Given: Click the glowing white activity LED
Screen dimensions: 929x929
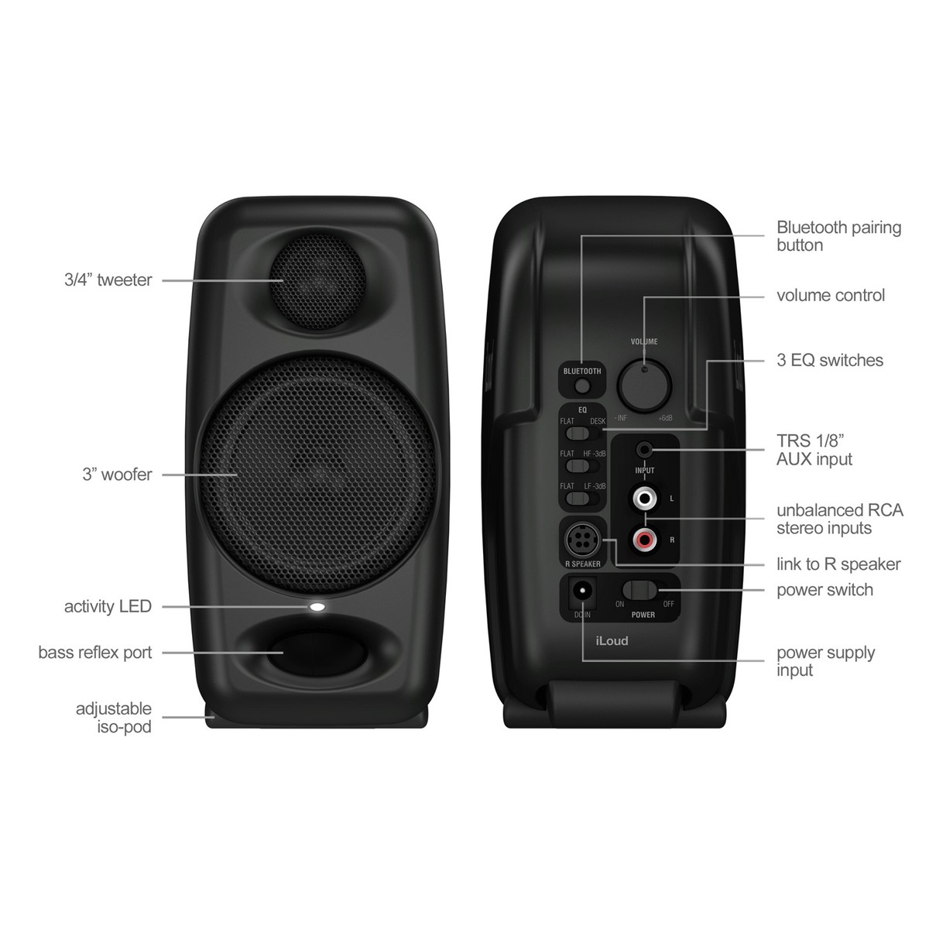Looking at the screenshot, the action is point(317,607).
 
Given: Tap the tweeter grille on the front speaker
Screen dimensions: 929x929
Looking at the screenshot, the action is point(317,282).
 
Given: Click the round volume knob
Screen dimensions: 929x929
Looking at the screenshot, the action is point(645,385).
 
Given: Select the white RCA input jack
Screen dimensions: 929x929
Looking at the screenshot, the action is point(645,499).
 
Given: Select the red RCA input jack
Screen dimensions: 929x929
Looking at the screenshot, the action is point(645,540).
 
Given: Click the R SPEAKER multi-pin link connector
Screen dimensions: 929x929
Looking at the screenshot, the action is point(582,540).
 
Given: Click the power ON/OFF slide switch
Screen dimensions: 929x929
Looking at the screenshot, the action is point(640,589).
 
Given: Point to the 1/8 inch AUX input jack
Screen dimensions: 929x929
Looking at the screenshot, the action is point(645,451).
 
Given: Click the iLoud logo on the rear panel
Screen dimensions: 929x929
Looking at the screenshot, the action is point(612,641).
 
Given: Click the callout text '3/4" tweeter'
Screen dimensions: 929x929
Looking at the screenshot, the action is point(108,280).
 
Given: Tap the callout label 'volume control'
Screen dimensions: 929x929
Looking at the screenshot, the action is point(830,296).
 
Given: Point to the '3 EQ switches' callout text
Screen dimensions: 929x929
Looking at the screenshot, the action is point(830,360).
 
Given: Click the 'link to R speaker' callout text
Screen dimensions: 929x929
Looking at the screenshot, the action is point(838,564).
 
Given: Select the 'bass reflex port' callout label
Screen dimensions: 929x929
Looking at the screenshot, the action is point(95,653).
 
